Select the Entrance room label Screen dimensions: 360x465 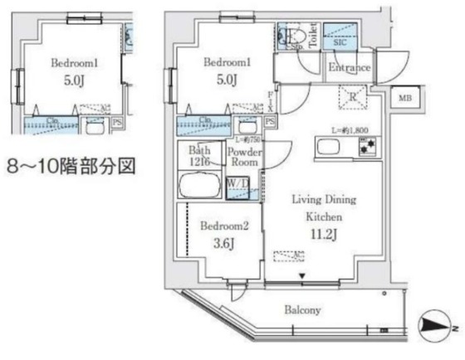pyautogui.click(x=349, y=68)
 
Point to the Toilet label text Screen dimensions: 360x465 pyautogui.click(x=311, y=37)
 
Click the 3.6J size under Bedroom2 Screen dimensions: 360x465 pyautogui.click(x=220, y=243)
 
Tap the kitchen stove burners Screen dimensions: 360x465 pyautogui.click(x=366, y=148)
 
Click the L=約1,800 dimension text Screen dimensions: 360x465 pyautogui.click(x=346, y=129)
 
